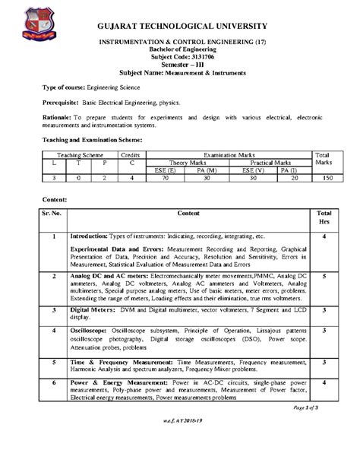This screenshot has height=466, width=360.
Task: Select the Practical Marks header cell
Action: click(271, 162)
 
